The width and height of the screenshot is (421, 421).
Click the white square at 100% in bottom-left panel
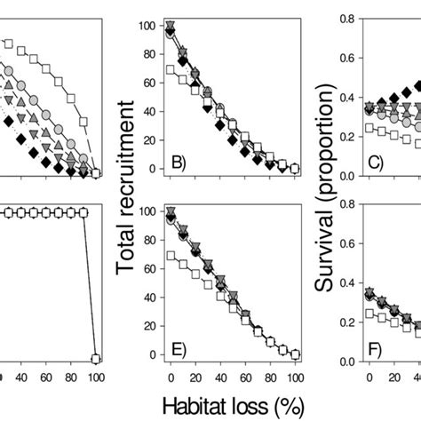point(96,358)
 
